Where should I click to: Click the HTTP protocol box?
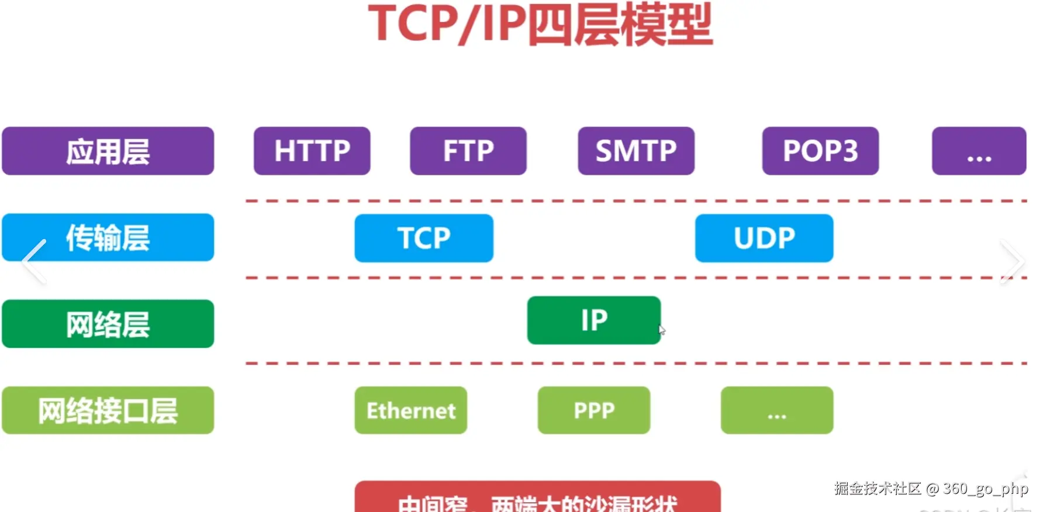[x=312, y=151]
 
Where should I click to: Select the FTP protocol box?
[x=468, y=151]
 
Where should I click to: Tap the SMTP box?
[x=636, y=151]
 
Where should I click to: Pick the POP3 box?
[x=820, y=151]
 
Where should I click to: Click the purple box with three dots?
[x=979, y=151]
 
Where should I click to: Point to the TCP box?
[x=424, y=238]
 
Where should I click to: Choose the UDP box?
[x=764, y=238]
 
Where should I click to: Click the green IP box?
[x=593, y=320]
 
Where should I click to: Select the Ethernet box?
[x=410, y=410]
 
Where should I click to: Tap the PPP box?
[x=593, y=410]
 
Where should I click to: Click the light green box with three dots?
[x=776, y=410]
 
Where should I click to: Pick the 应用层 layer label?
[x=108, y=151]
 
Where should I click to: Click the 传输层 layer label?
[x=108, y=237]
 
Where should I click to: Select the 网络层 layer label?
[x=108, y=324]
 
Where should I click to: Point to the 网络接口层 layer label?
[x=108, y=410]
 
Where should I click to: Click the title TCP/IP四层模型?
[x=540, y=25]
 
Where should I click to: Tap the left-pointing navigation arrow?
[x=34, y=261]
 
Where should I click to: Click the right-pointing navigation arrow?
[x=1011, y=261]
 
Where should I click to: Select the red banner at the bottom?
[x=537, y=498]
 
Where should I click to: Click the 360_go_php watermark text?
[x=985, y=489]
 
